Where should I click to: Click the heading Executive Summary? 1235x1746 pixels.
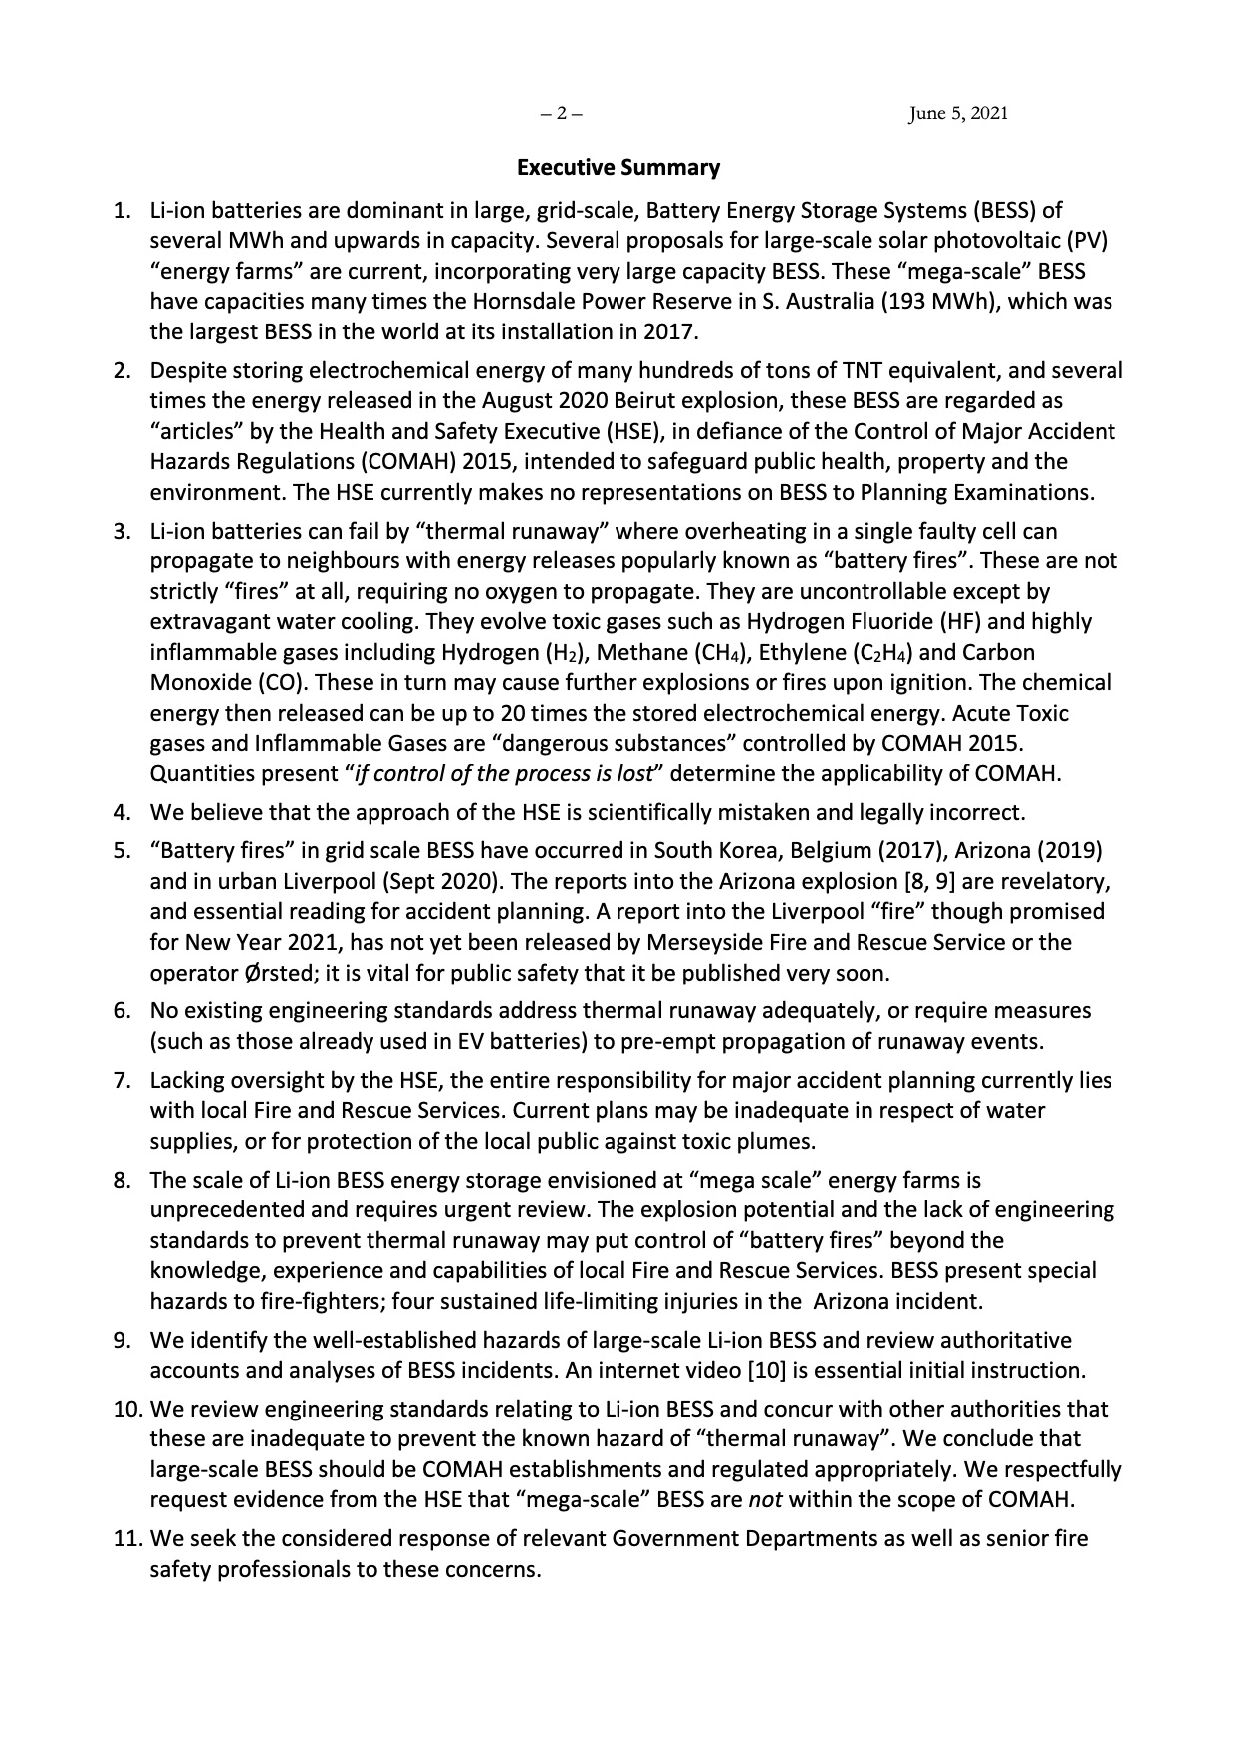pyautogui.click(x=617, y=168)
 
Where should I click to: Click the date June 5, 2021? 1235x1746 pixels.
pyautogui.click(x=957, y=113)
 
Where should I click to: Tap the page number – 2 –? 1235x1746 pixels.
pyautogui.click(x=561, y=113)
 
